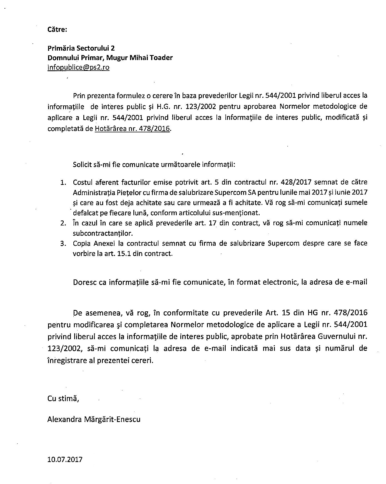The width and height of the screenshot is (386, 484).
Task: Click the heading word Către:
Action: coord(57,29)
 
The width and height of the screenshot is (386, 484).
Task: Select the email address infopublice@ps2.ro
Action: coord(78,67)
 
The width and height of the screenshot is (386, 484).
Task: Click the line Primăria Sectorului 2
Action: coord(81,48)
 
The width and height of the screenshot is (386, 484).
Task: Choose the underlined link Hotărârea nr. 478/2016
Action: coord(132,129)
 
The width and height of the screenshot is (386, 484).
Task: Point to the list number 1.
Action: coord(63,182)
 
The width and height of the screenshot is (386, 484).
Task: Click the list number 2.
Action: coord(63,223)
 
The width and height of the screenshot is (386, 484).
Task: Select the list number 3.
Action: coord(63,244)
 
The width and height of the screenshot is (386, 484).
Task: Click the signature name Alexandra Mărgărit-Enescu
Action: coord(94,419)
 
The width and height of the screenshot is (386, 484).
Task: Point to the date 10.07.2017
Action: coord(65,459)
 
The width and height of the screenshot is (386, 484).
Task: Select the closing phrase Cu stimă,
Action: coord(63,398)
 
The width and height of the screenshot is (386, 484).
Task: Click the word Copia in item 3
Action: coord(82,243)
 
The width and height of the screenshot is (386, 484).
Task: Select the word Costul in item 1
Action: coord(83,182)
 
